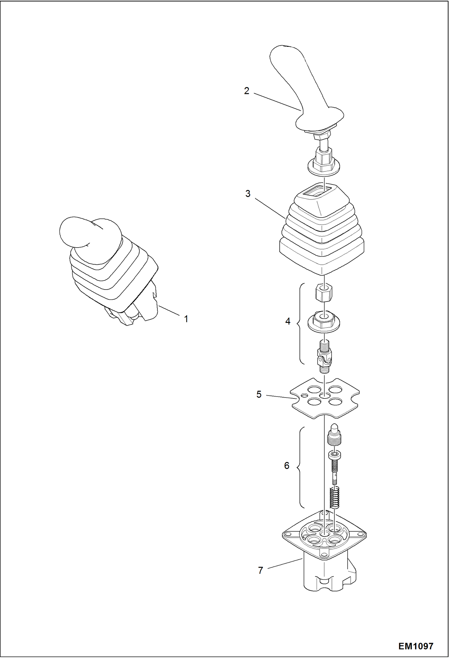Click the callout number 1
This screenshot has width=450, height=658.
pyautogui.click(x=186, y=319)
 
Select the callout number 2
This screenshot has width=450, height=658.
pyautogui.click(x=247, y=91)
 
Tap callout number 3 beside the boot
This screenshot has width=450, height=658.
pyautogui.click(x=248, y=194)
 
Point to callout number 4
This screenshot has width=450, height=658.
pyautogui.click(x=288, y=322)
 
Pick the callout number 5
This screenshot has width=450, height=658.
pyautogui.click(x=259, y=395)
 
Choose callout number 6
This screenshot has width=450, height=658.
pyautogui.click(x=287, y=466)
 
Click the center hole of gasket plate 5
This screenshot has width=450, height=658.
pyautogui.click(x=324, y=395)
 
